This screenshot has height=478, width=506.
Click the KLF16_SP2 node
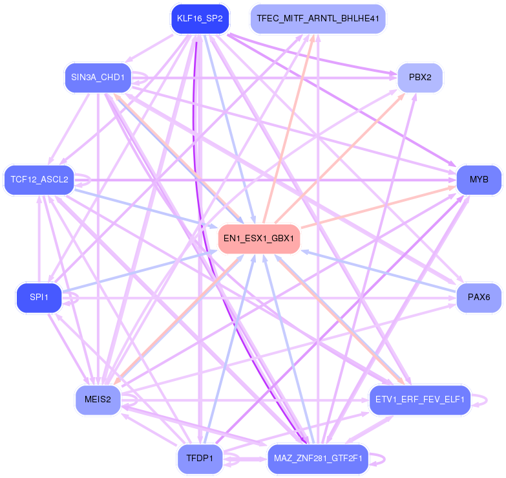point(200,19)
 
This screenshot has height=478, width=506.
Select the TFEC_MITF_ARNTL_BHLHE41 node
point(317,19)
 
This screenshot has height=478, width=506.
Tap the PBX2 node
point(419,78)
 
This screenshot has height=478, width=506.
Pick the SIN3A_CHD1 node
point(98,78)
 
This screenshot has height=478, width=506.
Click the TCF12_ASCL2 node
point(39,179)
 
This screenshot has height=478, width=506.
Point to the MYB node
point(479,179)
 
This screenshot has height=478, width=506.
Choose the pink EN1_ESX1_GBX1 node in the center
point(258,239)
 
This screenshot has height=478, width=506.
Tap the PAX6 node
point(479,298)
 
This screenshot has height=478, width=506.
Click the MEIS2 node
point(98,400)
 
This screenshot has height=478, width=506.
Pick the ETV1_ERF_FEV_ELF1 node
point(419,400)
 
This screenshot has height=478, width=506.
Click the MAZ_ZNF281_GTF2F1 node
point(317,459)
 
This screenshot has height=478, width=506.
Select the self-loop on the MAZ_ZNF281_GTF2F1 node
point(384,459)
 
